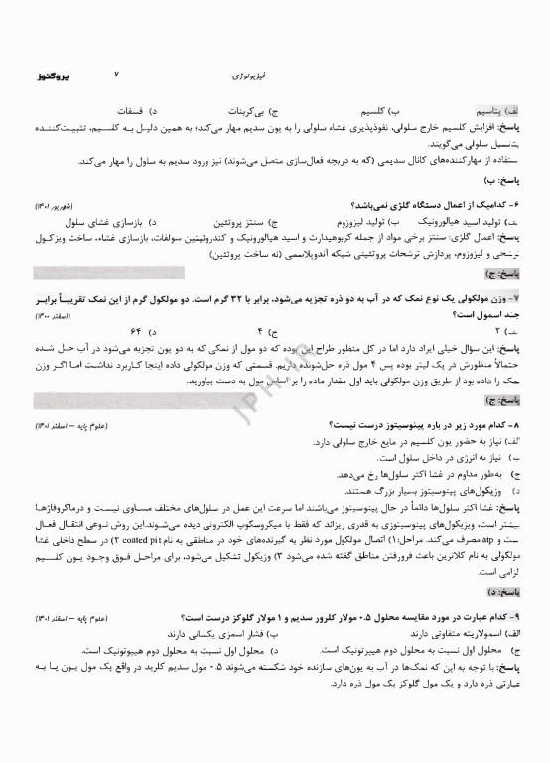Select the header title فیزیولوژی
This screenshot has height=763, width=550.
tap(265, 76)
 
